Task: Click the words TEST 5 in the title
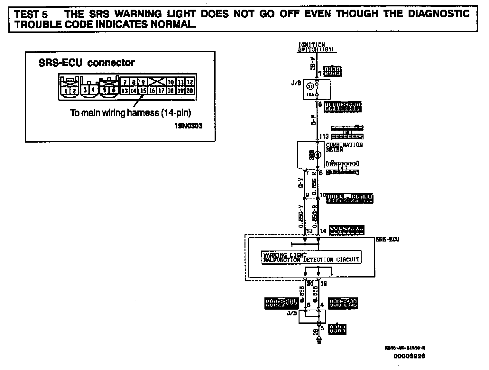pos(31,14)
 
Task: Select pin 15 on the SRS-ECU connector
pos(143,91)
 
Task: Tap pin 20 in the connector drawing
pos(190,91)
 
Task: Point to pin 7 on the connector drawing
pos(125,82)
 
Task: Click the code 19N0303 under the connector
pos(188,126)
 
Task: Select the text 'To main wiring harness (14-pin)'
pos(130,113)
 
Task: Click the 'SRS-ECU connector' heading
pos(87,63)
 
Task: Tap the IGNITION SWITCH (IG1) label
pos(316,48)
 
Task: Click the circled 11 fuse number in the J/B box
pos(310,86)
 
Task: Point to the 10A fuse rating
pos(310,95)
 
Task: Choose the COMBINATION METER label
pos(344,147)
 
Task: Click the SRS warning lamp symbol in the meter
pos(317,155)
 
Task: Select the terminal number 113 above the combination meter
pos(324,137)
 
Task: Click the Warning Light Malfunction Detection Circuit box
pos(311,257)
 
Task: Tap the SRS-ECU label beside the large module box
pos(388,239)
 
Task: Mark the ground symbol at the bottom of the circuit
pos(319,340)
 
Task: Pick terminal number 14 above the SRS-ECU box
pos(323,231)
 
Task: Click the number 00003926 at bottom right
pos(409,356)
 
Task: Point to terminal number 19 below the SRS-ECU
pos(324,284)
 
